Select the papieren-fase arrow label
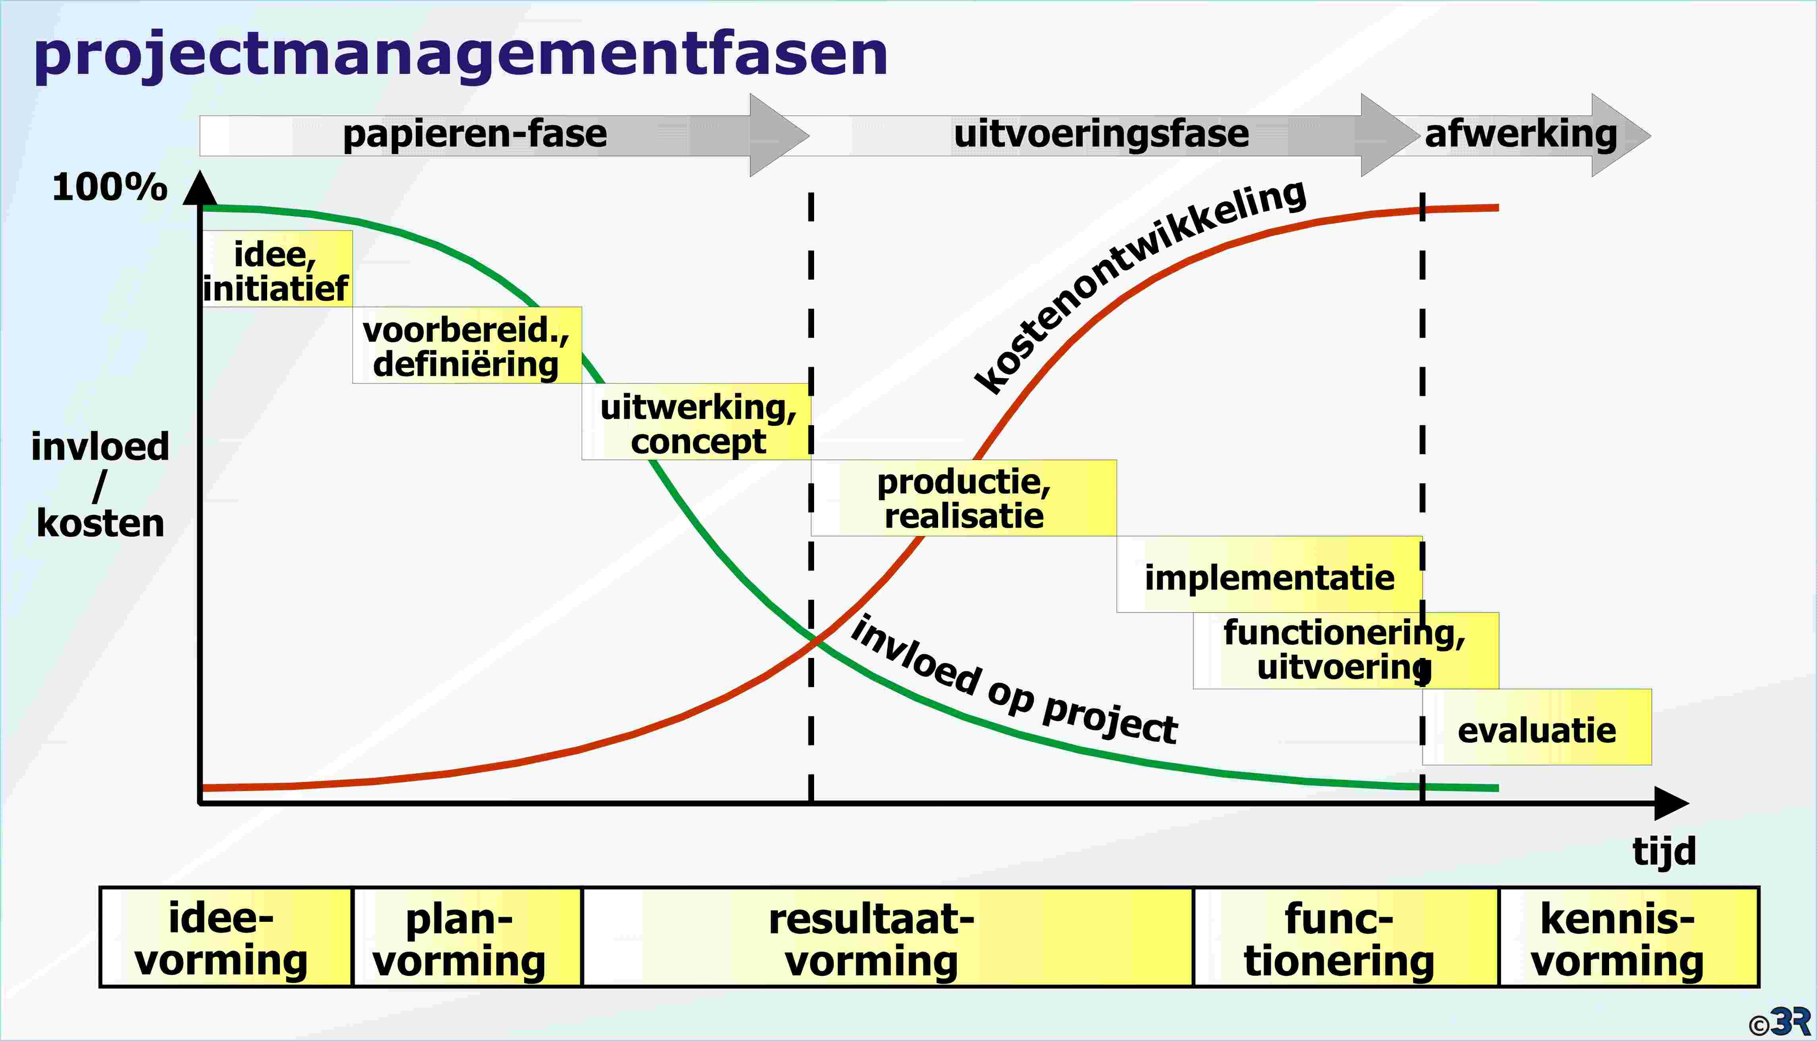pyautogui.click(x=475, y=134)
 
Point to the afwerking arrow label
pyautogui.click(x=1521, y=134)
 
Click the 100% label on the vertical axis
pyautogui.click(x=109, y=187)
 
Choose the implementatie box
pyautogui.click(x=1269, y=574)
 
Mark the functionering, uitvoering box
pyautogui.click(x=1346, y=651)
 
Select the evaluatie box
pyautogui.click(x=1537, y=727)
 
